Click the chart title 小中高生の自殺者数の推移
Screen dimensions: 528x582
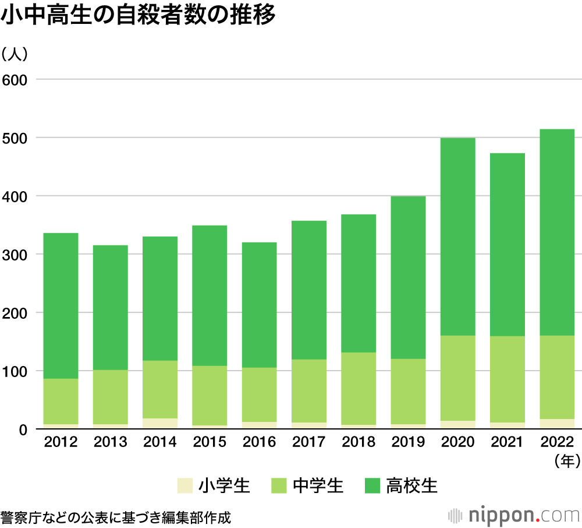click(138, 16)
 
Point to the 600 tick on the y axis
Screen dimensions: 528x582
click(16, 79)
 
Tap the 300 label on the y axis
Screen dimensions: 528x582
click(16, 255)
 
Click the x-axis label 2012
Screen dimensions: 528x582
click(61, 442)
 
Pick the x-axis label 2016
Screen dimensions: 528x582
click(259, 442)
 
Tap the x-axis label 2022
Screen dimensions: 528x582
click(557, 442)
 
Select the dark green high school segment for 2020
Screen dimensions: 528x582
click(457, 236)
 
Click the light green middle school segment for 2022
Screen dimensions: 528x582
click(557, 377)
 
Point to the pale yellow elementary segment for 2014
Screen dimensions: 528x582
click(160, 424)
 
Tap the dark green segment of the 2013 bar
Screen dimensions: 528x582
click(110, 307)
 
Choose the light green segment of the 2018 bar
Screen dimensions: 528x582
click(359, 388)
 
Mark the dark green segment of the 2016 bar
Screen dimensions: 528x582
click(259, 304)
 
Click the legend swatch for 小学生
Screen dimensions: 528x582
click(184, 485)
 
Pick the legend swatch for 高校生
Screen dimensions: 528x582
click(372, 485)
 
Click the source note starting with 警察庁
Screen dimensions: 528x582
click(116, 517)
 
